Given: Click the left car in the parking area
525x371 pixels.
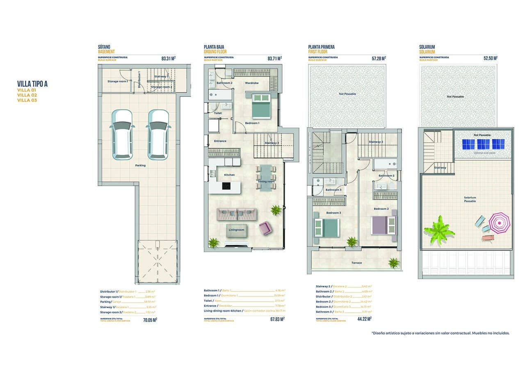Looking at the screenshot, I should click(122, 134).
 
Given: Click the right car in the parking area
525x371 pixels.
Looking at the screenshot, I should click(159, 134).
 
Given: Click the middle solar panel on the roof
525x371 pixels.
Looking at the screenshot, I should click(483, 144).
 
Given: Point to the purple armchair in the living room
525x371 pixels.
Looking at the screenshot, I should click(265, 228).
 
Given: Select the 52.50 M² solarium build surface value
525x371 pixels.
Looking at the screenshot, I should click(490, 59).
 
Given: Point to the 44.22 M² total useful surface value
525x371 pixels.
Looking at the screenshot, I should click(363, 319).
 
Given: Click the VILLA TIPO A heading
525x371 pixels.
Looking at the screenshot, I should click(32, 84).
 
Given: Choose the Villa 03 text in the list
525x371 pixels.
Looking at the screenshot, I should click(27, 100).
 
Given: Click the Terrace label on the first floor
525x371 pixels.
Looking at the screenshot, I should click(356, 263).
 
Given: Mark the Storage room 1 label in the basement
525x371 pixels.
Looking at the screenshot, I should click(117, 81).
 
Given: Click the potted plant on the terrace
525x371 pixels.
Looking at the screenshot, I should click(394, 263).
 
